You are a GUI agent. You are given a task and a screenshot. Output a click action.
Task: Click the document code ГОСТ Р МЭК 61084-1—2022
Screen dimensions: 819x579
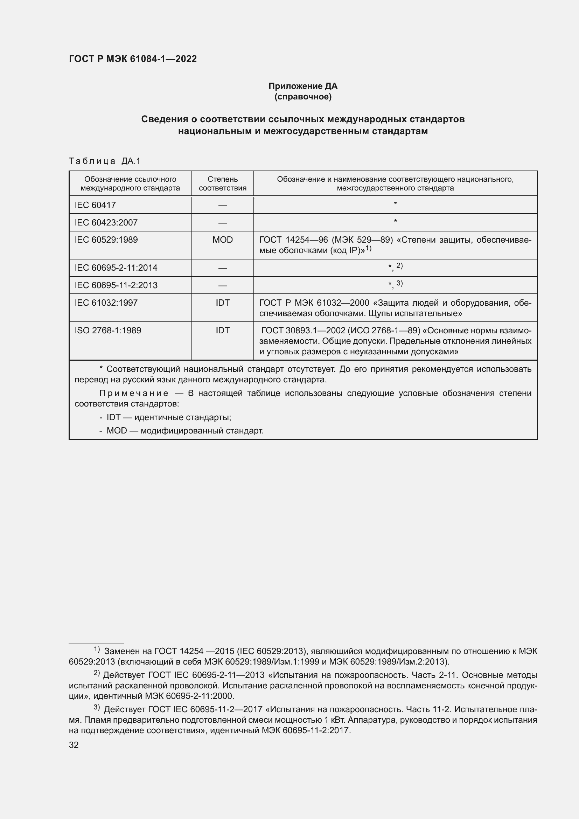(x=133, y=59)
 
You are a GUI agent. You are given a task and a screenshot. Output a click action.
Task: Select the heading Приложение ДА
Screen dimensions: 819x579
(x=303, y=86)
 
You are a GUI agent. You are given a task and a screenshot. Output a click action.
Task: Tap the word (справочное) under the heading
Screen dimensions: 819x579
(x=303, y=97)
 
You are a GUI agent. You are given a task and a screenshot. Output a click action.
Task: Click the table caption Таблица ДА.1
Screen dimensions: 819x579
(x=105, y=161)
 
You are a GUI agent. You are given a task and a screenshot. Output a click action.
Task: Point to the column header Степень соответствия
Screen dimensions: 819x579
(x=223, y=183)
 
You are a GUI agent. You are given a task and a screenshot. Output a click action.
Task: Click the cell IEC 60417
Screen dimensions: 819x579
(x=95, y=205)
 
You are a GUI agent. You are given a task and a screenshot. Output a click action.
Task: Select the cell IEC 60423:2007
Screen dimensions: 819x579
(x=106, y=223)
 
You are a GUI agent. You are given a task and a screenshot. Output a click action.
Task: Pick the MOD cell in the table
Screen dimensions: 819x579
(x=223, y=240)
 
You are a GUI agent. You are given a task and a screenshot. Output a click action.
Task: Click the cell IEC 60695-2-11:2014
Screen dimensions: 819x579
(x=116, y=268)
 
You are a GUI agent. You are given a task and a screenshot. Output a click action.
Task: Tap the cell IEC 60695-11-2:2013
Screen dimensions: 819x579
(x=116, y=285)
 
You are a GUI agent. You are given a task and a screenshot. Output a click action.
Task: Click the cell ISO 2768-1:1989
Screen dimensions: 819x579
(x=108, y=331)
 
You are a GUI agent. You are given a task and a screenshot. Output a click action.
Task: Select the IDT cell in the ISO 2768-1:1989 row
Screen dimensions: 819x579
(x=223, y=331)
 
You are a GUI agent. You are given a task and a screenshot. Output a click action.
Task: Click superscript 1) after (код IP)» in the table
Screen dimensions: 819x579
(x=368, y=248)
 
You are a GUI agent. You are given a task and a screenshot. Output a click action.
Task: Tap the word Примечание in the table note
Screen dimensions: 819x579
(x=134, y=394)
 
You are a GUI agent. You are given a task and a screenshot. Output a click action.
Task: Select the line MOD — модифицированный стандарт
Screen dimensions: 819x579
(x=185, y=431)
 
